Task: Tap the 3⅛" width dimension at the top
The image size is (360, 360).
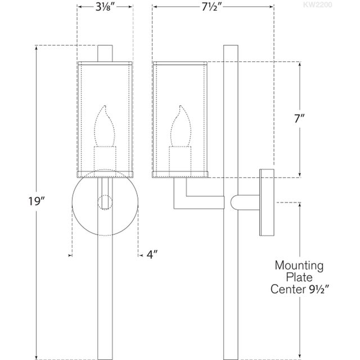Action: click(105, 8)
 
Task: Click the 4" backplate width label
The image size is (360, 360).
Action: click(152, 254)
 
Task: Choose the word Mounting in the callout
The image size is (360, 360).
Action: click(299, 265)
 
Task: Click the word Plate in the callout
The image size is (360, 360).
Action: click(299, 277)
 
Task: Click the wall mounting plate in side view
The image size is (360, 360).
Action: click(266, 201)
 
